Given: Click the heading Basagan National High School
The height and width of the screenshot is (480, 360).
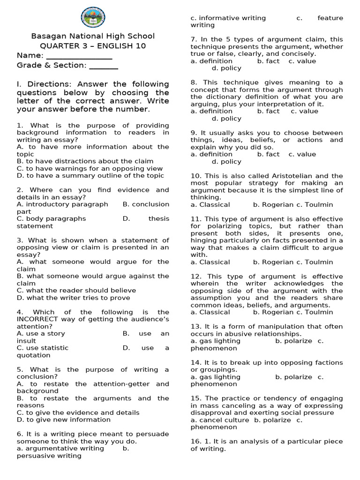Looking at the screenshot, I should coord(93,36).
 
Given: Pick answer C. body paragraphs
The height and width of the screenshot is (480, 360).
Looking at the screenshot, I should coord(52,218).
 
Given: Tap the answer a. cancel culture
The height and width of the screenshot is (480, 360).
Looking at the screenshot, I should coord(220,420).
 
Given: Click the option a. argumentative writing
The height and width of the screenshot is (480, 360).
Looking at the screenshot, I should coord(60,448).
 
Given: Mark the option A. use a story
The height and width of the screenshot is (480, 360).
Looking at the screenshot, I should coord(41,333).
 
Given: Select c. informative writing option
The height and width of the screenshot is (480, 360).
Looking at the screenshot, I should coord(228,18).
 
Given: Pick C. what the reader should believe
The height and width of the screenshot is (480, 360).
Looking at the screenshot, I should coord(76,290).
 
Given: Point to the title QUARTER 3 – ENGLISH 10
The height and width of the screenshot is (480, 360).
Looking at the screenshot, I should coord(93,46).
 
